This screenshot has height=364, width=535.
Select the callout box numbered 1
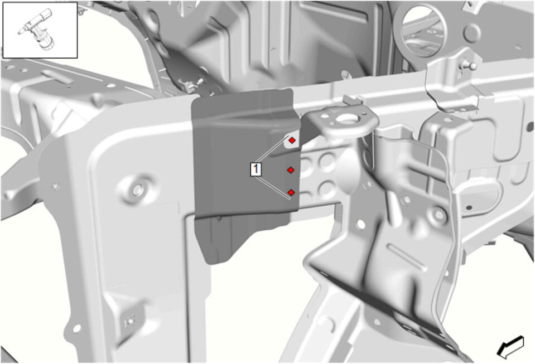[256, 169]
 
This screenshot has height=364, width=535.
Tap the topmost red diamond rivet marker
[292, 140]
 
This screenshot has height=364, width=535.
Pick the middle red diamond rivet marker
[291, 169]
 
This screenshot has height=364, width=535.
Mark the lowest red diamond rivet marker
[291, 193]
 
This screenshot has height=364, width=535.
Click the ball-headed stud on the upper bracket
[472, 65]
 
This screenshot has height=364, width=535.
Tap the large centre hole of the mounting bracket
[346, 119]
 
